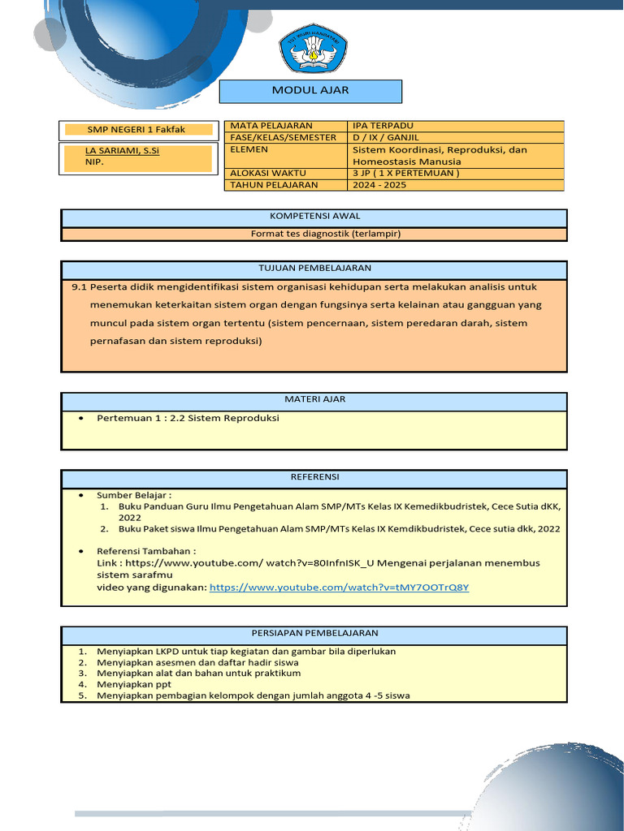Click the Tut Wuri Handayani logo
(x=313, y=50)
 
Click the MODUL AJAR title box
(x=310, y=91)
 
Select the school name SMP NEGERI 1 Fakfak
(x=136, y=130)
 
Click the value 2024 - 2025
(x=379, y=184)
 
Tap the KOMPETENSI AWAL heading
(x=314, y=217)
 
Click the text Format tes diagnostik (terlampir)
(x=314, y=234)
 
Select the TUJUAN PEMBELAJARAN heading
(x=314, y=269)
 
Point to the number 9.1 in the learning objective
(x=79, y=287)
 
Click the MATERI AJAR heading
(x=314, y=400)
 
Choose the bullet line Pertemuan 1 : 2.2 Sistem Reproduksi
(x=187, y=418)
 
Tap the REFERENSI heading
(x=314, y=477)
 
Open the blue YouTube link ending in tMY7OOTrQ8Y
(x=339, y=588)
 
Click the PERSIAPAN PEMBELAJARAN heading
(x=314, y=633)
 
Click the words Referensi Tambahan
(x=146, y=550)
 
